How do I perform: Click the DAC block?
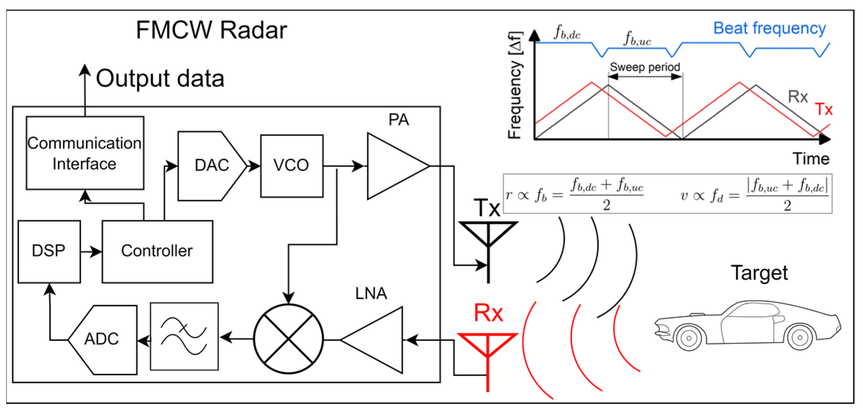pos(212,166)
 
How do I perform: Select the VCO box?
pos(292,166)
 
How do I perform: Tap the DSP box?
pos(49,251)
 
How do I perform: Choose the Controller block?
pos(157,251)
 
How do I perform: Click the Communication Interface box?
pos(85,153)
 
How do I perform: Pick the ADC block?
pos(103,340)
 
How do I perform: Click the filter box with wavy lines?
pos(184,336)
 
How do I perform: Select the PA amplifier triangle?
pos(398,166)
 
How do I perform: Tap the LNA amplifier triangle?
pos(372,340)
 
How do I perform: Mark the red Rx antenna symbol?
pos(487,362)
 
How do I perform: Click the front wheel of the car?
pos(689,338)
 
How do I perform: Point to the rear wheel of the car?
pos(800,337)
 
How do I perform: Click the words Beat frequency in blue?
pos(770,28)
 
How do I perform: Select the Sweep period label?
pos(645,67)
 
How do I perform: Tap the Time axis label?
pos(811,159)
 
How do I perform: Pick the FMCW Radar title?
pos(212,30)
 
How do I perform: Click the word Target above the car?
pos(759,273)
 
